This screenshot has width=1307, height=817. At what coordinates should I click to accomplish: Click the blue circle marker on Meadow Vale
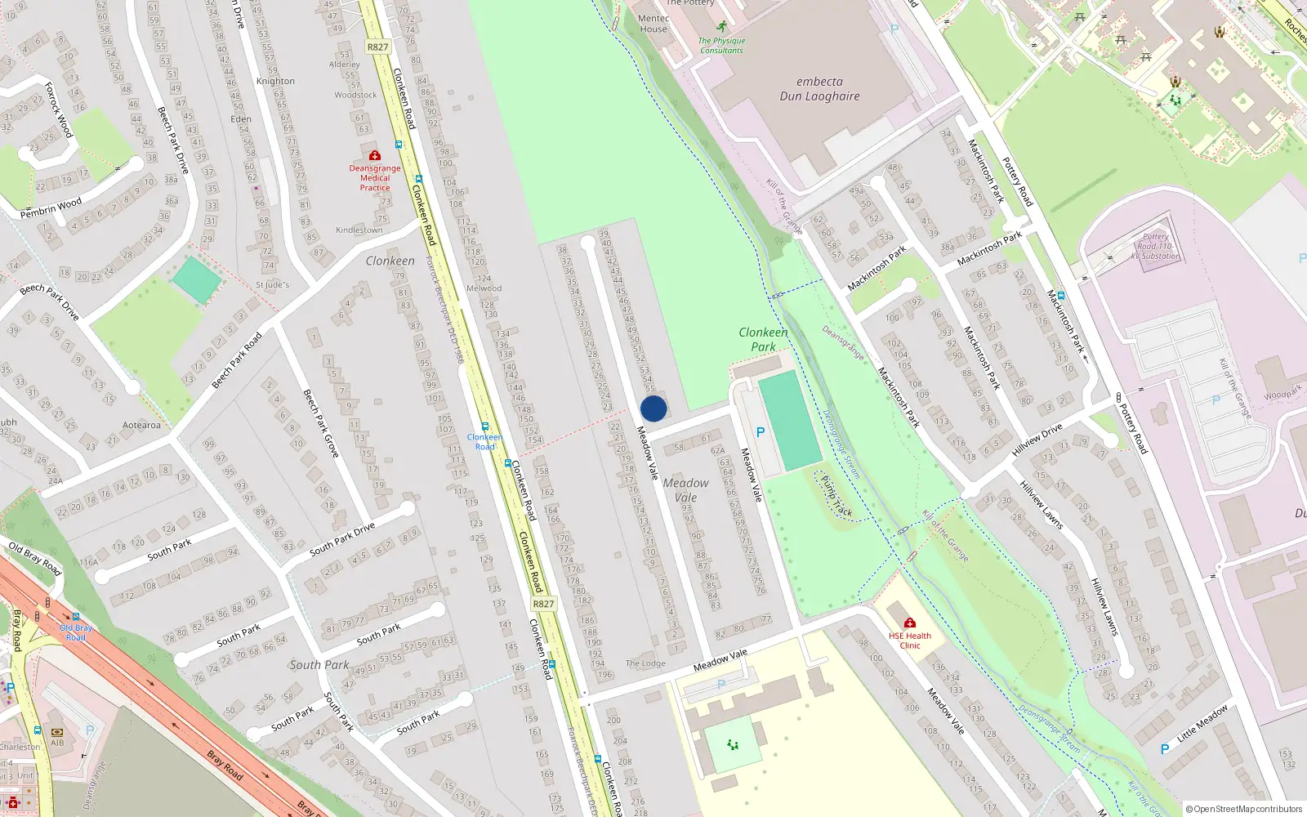click(x=653, y=408)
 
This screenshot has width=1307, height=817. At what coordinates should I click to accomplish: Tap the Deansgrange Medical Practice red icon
click(x=375, y=155)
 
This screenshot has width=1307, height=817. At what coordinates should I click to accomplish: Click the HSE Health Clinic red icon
click(x=909, y=623)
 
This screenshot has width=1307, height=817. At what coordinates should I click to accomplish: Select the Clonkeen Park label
click(x=763, y=339)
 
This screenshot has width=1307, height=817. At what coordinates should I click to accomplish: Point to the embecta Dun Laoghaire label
click(x=819, y=89)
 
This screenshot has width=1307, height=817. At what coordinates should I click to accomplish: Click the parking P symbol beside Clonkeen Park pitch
click(x=761, y=432)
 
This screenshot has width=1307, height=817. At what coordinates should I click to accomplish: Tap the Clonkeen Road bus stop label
click(x=484, y=442)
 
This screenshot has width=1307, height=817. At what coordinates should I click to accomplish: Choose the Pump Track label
click(x=836, y=495)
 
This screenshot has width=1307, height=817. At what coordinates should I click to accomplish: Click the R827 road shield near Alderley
click(x=378, y=47)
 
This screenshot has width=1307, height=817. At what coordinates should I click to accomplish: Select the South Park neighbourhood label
click(x=319, y=665)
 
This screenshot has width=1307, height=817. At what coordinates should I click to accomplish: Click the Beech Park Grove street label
click(x=320, y=422)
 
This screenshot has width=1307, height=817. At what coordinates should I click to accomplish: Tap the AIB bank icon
click(x=57, y=733)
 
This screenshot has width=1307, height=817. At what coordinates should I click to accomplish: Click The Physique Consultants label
click(x=721, y=46)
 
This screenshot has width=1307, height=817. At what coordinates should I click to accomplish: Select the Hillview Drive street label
click(x=1037, y=440)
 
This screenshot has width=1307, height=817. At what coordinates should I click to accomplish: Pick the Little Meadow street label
click(x=1202, y=724)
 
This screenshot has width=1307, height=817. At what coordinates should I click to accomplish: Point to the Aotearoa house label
click(x=141, y=425)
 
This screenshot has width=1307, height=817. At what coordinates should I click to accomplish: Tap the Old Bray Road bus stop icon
click(x=76, y=618)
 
